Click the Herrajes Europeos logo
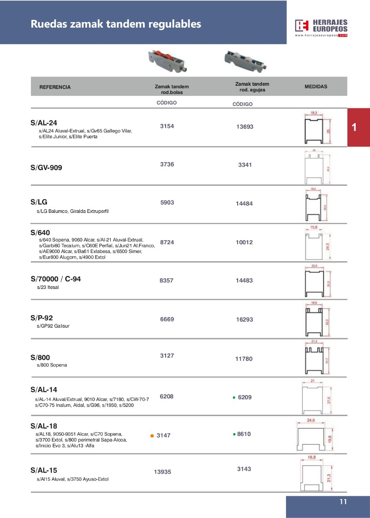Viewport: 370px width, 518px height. pos(322,27)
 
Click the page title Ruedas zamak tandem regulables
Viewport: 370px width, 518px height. pos(116,24)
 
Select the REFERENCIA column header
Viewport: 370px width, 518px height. pos(55,87)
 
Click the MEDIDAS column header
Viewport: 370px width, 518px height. pos(316,87)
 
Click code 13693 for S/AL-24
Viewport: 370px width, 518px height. pos(245,127)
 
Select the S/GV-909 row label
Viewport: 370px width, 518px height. pos(46,168)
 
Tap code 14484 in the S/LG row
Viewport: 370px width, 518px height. pos(245,203)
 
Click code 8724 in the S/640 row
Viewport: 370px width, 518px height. pos(167,241)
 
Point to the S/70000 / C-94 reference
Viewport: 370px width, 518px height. pos(55,279)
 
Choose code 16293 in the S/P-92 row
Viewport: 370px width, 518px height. pos(245,319)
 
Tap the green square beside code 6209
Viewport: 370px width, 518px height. pos(234,397)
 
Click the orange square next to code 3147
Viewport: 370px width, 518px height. pos(152,436)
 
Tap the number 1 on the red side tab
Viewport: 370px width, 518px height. pos(354,128)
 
